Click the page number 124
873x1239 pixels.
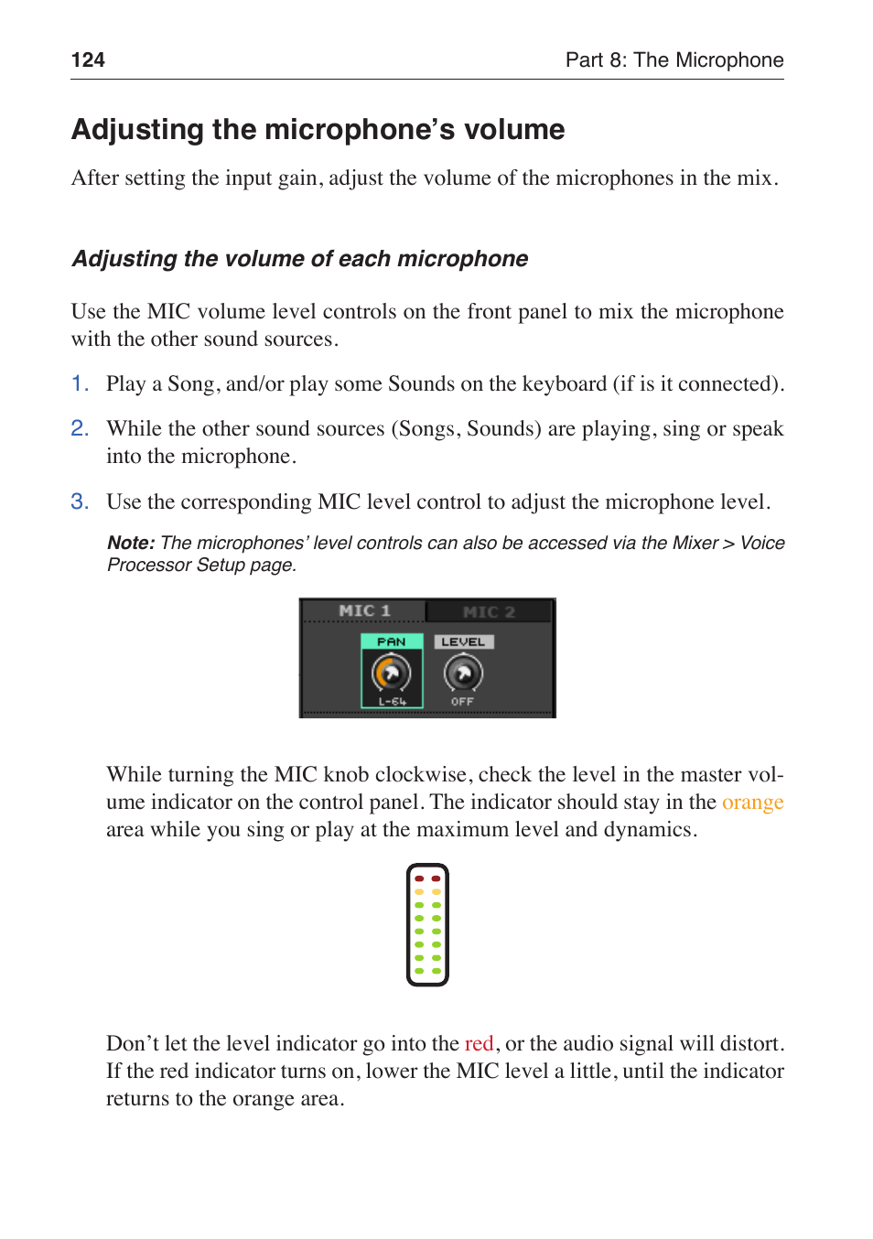click(88, 60)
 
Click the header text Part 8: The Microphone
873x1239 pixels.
click(674, 60)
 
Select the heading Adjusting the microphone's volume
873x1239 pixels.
click(318, 130)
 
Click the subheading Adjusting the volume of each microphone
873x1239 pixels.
click(299, 259)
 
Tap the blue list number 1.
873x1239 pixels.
click(80, 383)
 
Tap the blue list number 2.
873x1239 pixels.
click(80, 428)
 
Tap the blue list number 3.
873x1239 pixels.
click(80, 501)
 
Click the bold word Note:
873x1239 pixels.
click(130, 543)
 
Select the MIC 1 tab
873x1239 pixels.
click(364, 611)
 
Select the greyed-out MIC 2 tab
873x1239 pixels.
click(489, 612)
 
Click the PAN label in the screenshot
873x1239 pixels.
click(391, 642)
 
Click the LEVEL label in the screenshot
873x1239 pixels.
click(463, 642)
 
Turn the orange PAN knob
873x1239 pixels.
click(391, 674)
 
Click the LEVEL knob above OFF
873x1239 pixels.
click(463, 674)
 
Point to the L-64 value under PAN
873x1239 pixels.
click(392, 702)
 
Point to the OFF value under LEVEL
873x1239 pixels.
click(462, 702)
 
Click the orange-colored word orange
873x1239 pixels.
click(752, 803)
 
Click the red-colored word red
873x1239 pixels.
click(479, 1044)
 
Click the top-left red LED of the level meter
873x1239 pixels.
click(419, 878)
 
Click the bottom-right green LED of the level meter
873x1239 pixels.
click(436, 971)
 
